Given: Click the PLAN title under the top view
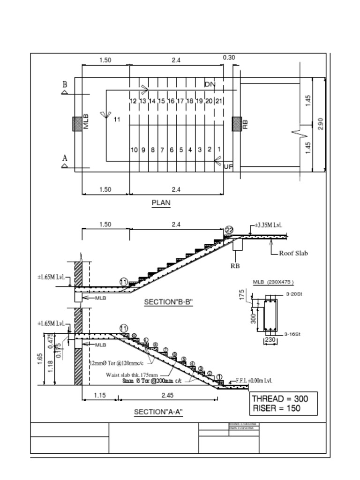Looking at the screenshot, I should (161, 203).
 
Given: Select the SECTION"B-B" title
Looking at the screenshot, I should (168, 302).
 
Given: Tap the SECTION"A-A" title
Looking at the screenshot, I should (158, 412).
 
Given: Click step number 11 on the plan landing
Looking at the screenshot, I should (117, 120).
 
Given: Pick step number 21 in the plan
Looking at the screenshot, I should (218, 101).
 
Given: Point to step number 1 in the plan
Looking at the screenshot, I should (219, 150).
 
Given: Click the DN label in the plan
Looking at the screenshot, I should (210, 84).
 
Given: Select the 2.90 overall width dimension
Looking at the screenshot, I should (321, 124).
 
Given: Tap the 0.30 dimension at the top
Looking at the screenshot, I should (229, 58).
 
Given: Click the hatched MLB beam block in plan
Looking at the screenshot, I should (77, 124).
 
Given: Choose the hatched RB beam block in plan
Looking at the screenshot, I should (237, 124).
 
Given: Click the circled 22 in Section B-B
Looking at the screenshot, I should (229, 230).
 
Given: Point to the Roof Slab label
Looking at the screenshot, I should (293, 253).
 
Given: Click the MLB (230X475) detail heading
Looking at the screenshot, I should (273, 282).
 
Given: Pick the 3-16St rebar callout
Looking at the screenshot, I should (292, 334).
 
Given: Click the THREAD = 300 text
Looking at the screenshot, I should (280, 399).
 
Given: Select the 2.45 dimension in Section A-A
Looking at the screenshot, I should (167, 395).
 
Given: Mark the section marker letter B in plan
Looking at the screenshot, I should (65, 85).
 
